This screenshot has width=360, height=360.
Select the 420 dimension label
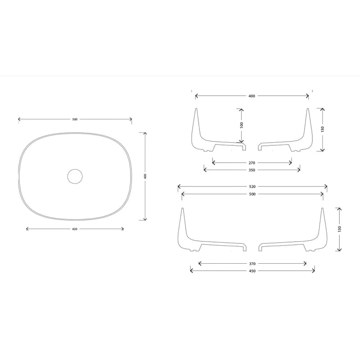pyautogui.click(x=75, y=229)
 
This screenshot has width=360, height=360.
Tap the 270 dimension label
pyautogui.click(x=252, y=163)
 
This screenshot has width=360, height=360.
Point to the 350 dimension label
pyautogui.click(x=252, y=170)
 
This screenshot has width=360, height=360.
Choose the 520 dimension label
pyautogui.click(x=252, y=187)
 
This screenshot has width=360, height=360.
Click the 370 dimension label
pyautogui.click(x=252, y=264)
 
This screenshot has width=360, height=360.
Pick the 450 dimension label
pyautogui.click(x=252, y=271)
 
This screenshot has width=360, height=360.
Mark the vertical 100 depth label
pyautogui.click(x=241, y=125)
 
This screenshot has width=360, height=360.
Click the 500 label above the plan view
pyautogui.click(x=75, y=119)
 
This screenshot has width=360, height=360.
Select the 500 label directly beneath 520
pyautogui.click(x=252, y=194)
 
